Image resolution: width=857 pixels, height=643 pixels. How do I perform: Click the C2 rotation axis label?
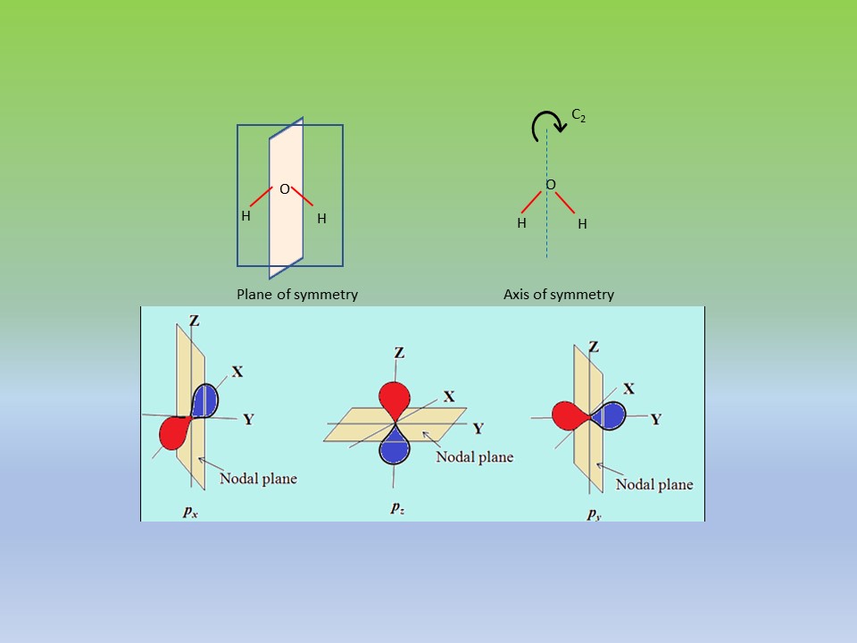coord(578,116)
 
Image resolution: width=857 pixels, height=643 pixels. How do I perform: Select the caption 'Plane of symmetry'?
coord(296,294)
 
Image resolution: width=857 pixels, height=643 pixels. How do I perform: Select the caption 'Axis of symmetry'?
coord(559,294)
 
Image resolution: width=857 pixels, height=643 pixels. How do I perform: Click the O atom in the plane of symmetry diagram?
coord(284,189)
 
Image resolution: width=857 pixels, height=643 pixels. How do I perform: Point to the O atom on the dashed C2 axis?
coord(550,185)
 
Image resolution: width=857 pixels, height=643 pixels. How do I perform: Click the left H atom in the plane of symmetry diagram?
coord(245,215)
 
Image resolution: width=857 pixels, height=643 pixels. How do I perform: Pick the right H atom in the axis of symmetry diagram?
coord(582,224)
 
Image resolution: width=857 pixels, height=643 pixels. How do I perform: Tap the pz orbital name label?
coord(396,507)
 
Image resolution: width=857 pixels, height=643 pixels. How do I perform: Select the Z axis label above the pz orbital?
coord(399,353)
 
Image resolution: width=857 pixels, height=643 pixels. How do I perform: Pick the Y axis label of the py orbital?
coord(656,419)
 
